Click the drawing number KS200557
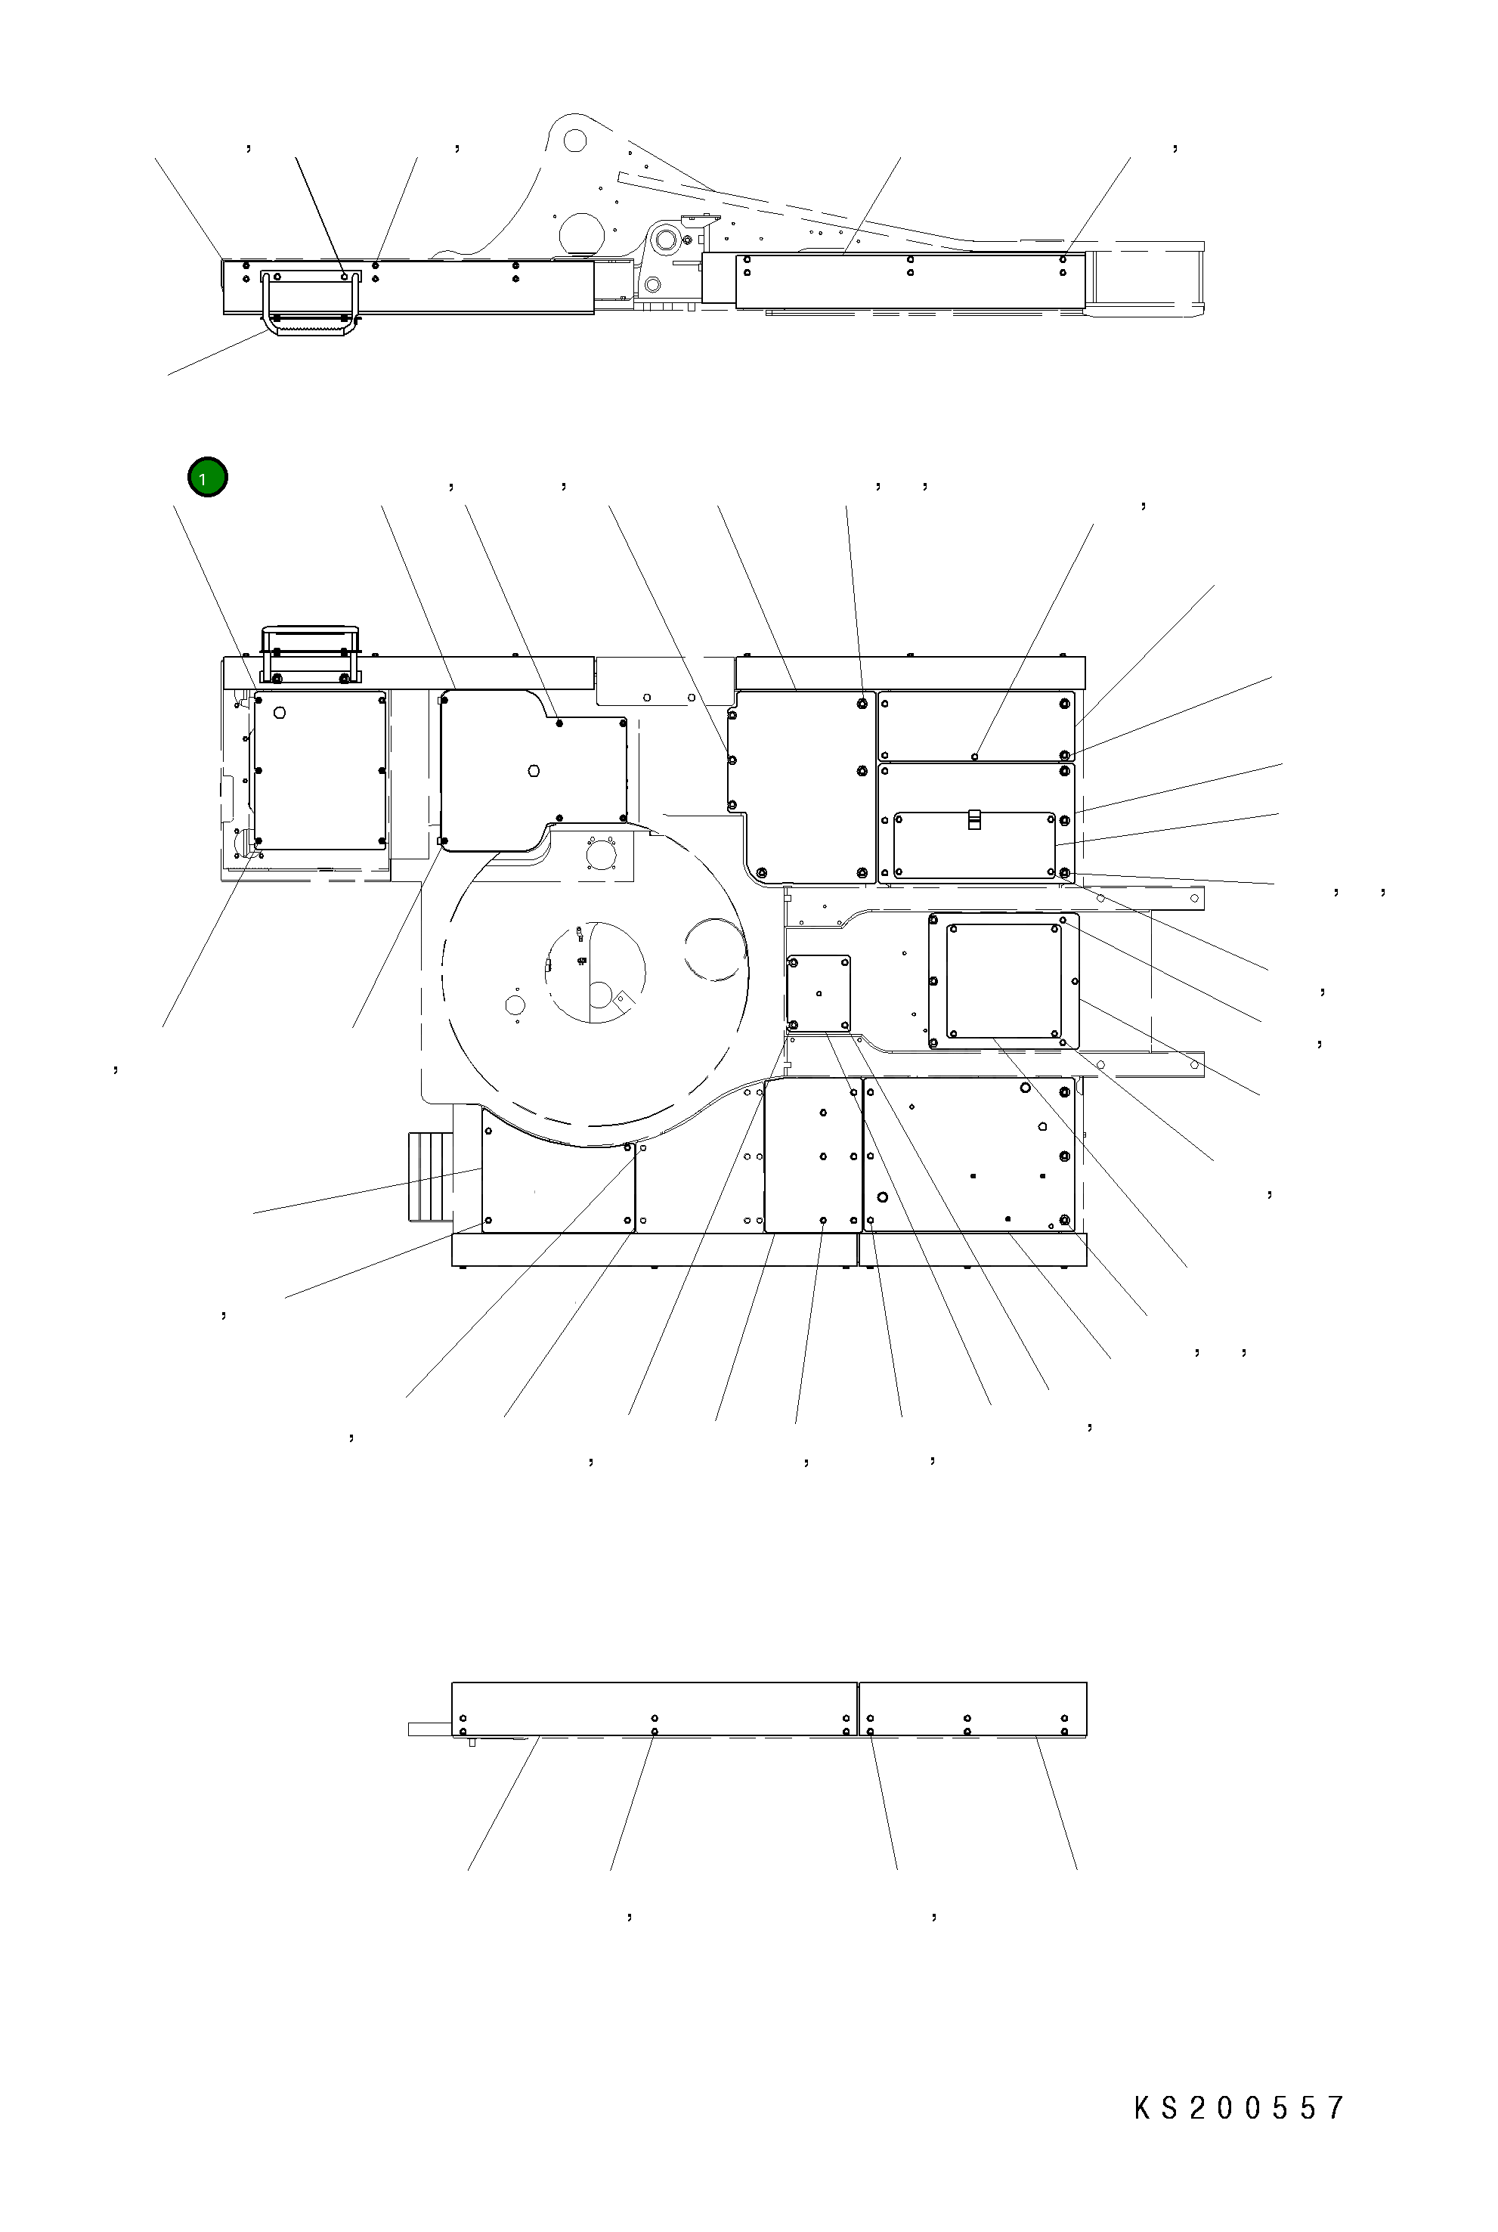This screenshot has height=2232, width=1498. [x=1239, y=2108]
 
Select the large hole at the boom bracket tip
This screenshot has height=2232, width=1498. [x=574, y=141]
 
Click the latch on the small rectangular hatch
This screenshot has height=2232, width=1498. [x=973, y=819]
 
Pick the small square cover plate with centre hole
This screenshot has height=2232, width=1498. [x=819, y=992]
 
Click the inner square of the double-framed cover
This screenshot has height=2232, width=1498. [x=1003, y=980]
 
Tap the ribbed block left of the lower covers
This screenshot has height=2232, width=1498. [x=429, y=1175]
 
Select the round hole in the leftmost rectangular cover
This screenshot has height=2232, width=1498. [x=280, y=713]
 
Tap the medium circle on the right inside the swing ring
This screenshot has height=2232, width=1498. [x=713, y=948]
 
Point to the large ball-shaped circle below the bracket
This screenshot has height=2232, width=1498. [x=582, y=233]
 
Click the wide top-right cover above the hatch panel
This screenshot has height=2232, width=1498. [x=974, y=726]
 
